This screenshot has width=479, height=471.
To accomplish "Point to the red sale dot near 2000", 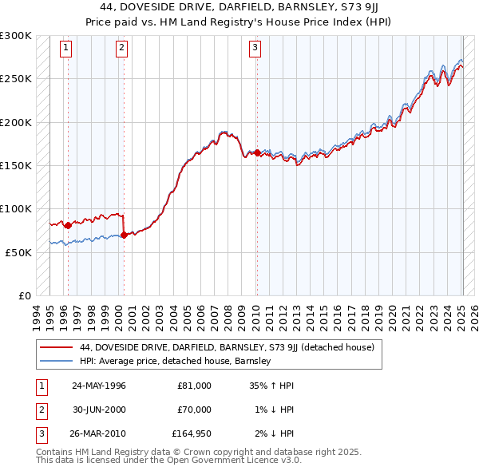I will [x=124, y=235].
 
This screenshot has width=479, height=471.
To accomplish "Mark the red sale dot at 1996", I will [x=68, y=225].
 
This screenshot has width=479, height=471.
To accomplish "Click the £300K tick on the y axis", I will [x=16, y=36].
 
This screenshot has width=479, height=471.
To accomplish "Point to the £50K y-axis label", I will [x=18, y=252].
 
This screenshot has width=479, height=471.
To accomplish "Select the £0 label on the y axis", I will [x=24, y=295].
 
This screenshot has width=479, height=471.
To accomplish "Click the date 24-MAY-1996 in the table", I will [x=98, y=386].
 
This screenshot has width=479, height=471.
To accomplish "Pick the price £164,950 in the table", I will [x=192, y=433].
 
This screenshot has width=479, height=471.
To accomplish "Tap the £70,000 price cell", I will [x=194, y=410].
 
